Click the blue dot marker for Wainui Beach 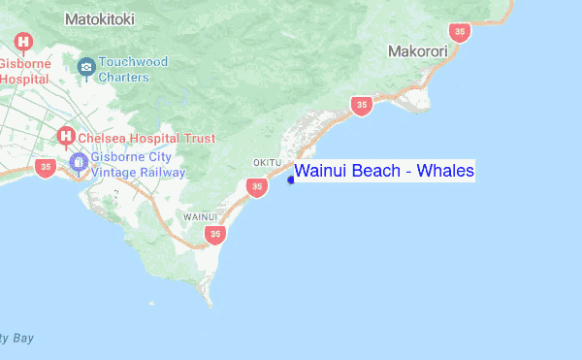pyautogui.click(x=291, y=179)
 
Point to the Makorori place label pyautogui.click(x=417, y=50)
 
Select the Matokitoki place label pyautogui.click(x=100, y=18)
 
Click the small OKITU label pyautogui.click(x=266, y=162)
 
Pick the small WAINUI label pyautogui.click(x=200, y=216)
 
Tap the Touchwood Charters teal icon pyautogui.click(x=86, y=67)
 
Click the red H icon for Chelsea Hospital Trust pyautogui.click(x=66, y=137)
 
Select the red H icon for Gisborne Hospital pyautogui.click(x=23, y=43)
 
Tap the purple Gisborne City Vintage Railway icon pyautogui.click(x=79, y=160)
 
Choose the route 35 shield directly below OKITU pyautogui.click(x=256, y=186)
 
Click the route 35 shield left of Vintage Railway pyautogui.click(x=45, y=167)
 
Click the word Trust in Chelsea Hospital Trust pyautogui.click(x=198, y=139)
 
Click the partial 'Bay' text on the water pyautogui.click(x=19, y=338)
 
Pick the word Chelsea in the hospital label pyautogui.click(x=107, y=139)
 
